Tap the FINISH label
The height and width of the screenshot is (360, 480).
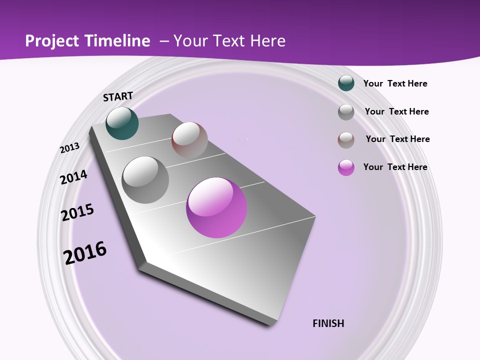328,323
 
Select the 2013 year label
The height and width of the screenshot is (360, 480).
70,147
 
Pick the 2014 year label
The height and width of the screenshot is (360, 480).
73,177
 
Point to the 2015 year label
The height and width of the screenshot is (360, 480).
77,212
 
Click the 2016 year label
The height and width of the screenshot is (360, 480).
85,252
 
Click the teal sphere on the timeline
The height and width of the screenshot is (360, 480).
122,123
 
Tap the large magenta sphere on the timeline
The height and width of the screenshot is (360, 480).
216,207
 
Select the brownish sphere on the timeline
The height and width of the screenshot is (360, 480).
189,140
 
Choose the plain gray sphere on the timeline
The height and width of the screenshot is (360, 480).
145,180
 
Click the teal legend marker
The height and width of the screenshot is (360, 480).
346,83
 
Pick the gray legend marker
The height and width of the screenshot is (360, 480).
346,112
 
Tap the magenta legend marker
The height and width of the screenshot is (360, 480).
346,167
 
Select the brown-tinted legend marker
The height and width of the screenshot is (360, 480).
346,140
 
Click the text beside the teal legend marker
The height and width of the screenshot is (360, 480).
395,83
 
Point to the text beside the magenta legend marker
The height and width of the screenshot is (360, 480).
395,167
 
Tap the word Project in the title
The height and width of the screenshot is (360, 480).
51,41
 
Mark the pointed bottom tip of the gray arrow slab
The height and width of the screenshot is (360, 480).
272,324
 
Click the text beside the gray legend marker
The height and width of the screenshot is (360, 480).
396,111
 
